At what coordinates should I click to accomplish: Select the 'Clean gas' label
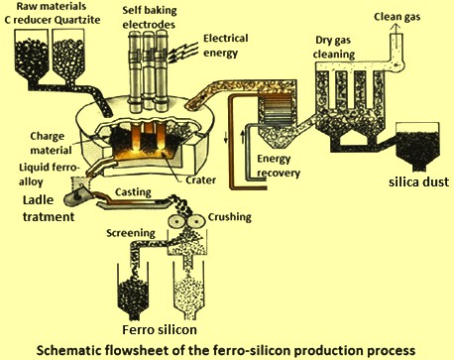coord(401,18)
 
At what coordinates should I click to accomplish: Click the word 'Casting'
coord(133,197)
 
